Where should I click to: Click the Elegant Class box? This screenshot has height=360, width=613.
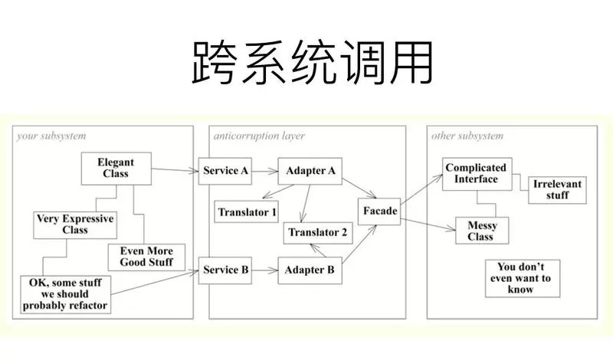point(116,169)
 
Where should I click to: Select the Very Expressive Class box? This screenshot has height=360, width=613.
point(75,224)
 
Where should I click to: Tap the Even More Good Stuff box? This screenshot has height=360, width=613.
point(146,257)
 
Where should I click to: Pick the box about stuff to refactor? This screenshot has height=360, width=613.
point(65,294)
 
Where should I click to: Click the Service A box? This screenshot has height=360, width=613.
point(225,171)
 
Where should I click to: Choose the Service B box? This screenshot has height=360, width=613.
point(225,270)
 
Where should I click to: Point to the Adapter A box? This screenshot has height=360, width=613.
point(310,171)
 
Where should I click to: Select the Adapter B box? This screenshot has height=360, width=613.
point(310,270)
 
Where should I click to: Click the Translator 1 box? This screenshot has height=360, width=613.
point(247,212)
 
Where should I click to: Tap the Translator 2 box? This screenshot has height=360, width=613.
point(318,233)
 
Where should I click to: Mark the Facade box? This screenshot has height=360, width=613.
point(379,211)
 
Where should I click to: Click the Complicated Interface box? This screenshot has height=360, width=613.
point(477,174)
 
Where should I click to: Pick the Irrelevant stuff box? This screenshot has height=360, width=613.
point(558,190)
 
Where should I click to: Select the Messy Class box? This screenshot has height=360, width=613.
point(482,231)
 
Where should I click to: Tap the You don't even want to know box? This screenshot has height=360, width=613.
point(523,278)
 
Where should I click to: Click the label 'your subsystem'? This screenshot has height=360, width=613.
point(51,136)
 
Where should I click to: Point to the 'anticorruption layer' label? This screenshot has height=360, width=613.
point(259,136)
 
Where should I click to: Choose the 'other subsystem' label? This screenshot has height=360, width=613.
point(467,136)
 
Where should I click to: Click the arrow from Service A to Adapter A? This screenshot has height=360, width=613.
point(264,171)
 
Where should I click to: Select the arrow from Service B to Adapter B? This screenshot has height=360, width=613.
point(264,270)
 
